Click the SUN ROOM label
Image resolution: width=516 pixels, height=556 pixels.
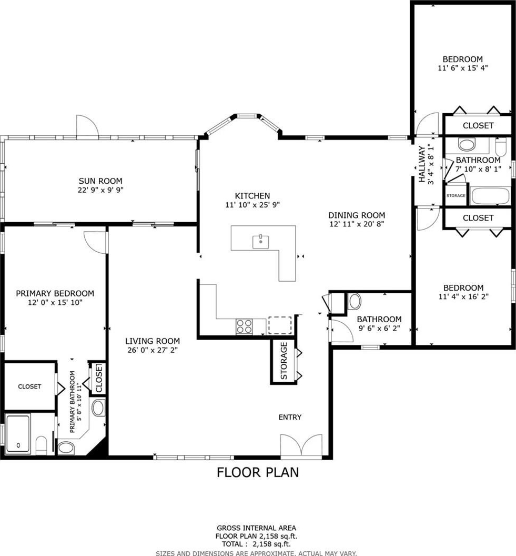100,181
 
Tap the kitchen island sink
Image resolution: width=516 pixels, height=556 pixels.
260,242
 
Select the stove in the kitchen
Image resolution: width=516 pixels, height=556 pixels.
244,326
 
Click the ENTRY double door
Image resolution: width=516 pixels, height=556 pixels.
301,445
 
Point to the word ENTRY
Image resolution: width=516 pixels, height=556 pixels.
290,418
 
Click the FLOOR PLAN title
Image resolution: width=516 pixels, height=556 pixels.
258,472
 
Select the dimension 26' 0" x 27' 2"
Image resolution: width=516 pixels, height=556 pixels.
153,350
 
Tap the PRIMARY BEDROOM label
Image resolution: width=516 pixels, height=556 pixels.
55,293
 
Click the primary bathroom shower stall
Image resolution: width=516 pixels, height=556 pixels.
18,434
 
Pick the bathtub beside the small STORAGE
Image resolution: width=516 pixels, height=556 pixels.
491,196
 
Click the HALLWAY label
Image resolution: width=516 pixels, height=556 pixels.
422,164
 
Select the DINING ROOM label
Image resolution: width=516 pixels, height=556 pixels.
357,215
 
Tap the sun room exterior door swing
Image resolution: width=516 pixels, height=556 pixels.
87,125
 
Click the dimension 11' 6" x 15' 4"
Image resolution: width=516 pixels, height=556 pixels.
462,68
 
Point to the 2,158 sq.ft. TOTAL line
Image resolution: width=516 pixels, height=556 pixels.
256,544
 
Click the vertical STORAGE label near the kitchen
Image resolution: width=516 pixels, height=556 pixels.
284,361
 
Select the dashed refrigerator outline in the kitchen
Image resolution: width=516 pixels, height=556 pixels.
280,325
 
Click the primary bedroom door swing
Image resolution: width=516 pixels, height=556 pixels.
95,242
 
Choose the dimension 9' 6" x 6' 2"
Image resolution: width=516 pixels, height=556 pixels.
379,329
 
